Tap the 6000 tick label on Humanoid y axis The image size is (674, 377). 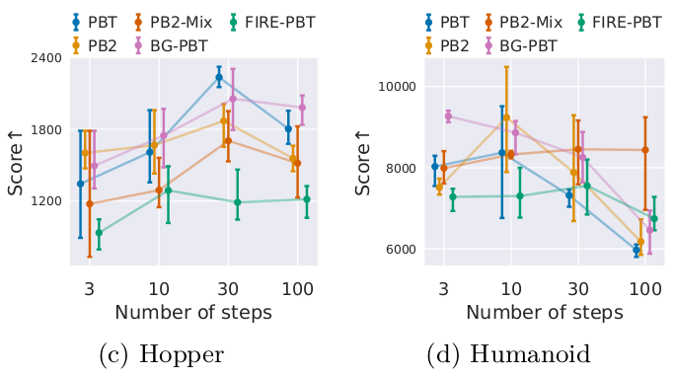pos(395,250)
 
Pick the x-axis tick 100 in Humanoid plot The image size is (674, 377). pos(644,288)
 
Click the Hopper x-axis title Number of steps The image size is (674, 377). pos(192,313)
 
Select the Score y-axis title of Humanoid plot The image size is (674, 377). pos(362,168)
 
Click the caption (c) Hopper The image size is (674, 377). pos(161,354)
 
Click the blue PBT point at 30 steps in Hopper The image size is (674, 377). pos(219,76)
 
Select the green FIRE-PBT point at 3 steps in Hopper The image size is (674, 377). pos(99,233)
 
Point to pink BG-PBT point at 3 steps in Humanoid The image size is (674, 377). pos(448,116)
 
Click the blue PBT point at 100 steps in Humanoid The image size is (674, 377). pos(636,250)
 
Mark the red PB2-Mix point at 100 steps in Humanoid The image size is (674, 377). pos(644,150)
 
